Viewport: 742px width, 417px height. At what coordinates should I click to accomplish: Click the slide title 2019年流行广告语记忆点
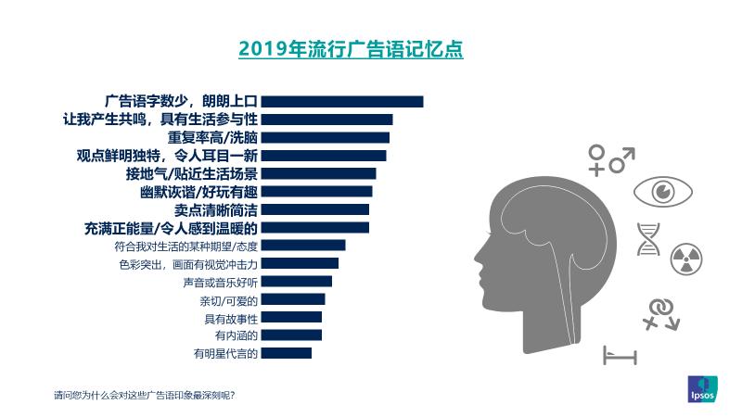click(x=351, y=48)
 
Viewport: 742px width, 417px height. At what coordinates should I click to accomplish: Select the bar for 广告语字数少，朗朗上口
click(x=341, y=101)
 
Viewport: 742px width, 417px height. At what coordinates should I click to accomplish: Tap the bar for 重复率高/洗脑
click(x=325, y=137)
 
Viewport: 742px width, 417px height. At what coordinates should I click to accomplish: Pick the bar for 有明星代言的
click(x=286, y=353)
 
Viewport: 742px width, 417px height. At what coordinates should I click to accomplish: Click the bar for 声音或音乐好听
click(x=296, y=281)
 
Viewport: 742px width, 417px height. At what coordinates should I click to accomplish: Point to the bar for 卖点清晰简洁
click(x=314, y=209)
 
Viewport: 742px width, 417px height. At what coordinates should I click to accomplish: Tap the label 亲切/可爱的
click(x=228, y=299)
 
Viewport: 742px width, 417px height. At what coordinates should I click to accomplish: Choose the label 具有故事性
click(x=230, y=318)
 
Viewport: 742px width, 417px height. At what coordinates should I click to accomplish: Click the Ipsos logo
click(x=702, y=389)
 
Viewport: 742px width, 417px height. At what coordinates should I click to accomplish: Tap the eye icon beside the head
click(x=663, y=192)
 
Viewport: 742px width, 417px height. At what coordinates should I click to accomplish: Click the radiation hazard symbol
click(x=686, y=259)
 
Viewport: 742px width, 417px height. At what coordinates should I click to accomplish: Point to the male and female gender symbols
click(x=610, y=158)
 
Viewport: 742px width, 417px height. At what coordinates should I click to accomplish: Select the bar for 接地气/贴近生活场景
click(x=318, y=173)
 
